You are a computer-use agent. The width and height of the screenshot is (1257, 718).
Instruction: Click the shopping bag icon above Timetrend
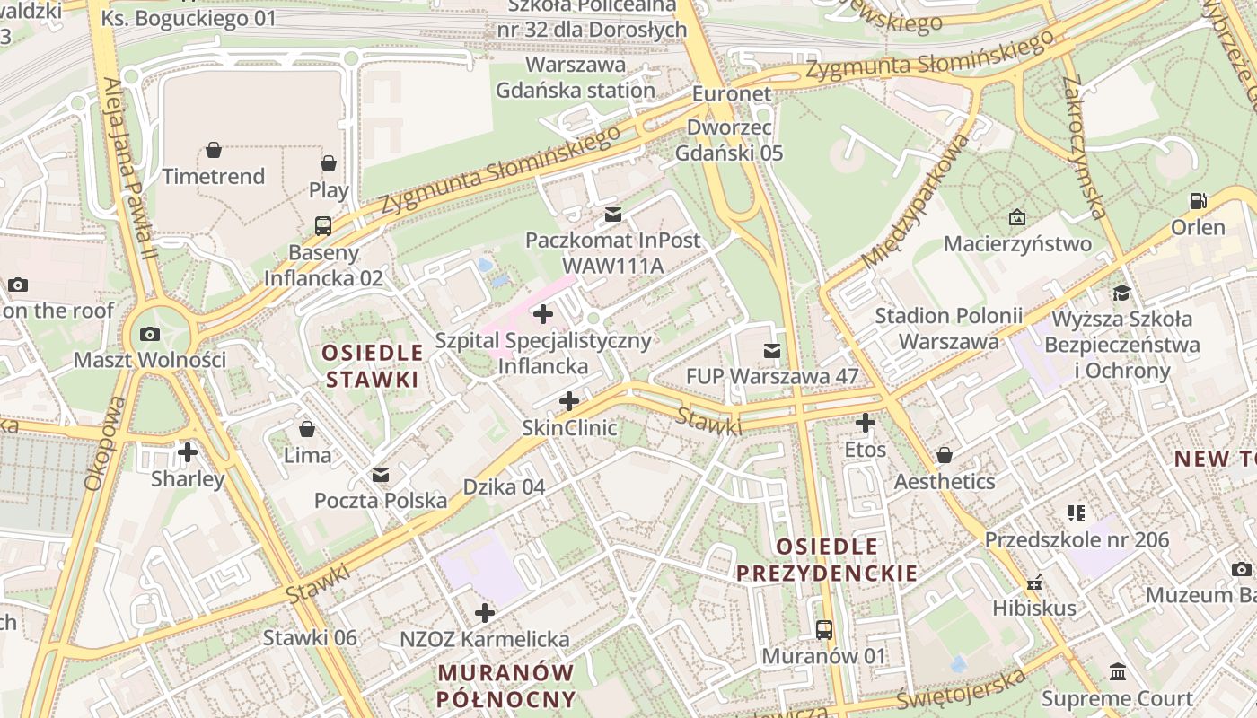(214, 150)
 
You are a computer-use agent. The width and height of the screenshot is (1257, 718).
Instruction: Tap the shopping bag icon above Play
(329, 163)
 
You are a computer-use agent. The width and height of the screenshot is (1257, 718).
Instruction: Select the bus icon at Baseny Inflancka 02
(323, 225)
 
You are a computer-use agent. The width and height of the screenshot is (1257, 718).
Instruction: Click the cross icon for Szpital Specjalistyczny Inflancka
(543, 314)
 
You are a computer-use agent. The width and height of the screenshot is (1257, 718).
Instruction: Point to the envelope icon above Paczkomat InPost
(613, 215)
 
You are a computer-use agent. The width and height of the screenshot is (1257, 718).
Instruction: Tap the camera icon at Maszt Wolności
(150, 334)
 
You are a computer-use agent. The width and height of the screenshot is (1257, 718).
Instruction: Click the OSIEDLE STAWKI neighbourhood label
(372, 365)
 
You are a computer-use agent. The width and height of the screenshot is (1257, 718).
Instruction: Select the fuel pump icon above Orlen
(1198, 200)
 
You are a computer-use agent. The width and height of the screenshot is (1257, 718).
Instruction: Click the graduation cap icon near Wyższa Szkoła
(1121, 293)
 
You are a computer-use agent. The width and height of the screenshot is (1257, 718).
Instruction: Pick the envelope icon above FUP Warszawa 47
(772, 350)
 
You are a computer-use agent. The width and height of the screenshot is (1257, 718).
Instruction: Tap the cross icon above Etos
(866, 423)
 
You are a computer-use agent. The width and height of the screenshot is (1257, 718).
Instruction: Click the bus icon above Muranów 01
(824, 629)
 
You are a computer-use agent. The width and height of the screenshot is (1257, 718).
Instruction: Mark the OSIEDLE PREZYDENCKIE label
(827, 559)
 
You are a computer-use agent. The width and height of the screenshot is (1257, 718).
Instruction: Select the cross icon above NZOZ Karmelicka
(485, 613)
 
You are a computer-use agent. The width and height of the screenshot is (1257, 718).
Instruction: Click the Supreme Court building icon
(1118, 672)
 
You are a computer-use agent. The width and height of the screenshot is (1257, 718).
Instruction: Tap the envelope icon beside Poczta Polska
(381, 474)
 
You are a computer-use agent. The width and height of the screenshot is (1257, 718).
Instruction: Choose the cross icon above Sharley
(188, 451)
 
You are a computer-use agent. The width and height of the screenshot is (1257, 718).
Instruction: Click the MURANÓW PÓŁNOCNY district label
(505, 685)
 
